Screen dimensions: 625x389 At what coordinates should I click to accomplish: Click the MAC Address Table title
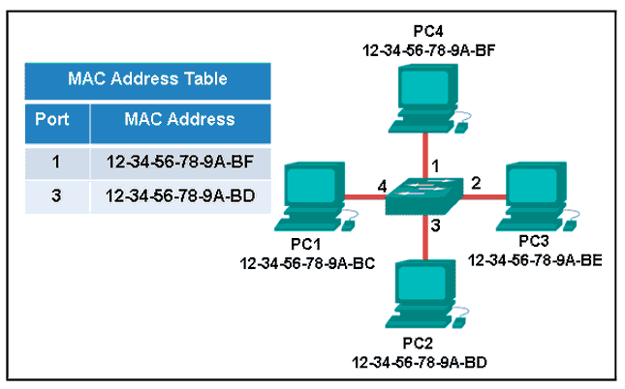click(147, 78)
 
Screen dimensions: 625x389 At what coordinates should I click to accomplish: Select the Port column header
click(52, 119)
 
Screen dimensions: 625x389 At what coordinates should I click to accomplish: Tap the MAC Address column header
click(180, 119)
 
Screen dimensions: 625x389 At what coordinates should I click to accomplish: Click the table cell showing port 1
click(56, 162)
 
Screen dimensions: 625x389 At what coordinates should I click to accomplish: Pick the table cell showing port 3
click(56, 195)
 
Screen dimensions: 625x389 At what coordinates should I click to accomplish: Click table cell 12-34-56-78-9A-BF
click(180, 162)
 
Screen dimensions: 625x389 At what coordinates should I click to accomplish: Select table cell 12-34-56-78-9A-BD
click(180, 195)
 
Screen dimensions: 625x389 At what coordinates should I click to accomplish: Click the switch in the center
click(424, 196)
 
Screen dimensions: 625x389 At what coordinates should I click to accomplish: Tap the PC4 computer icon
click(429, 99)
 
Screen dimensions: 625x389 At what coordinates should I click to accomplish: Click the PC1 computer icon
click(315, 196)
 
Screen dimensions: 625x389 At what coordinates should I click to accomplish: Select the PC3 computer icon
click(537, 196)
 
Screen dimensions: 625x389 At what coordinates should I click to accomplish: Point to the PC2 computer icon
click(426, 294)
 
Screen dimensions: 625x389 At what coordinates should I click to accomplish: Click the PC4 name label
click(428, 31)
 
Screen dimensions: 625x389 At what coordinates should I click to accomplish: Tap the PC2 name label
click(418, 344)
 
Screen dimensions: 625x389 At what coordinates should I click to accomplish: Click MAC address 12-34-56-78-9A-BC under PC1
click(307, 263)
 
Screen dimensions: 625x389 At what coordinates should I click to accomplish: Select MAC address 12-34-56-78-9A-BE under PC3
click(535, 260)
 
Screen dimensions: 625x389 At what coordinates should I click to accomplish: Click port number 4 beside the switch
click(382, 187)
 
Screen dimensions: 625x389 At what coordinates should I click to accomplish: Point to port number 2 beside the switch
click(476, 183)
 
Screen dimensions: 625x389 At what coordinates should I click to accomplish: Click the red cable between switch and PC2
click(425, 238)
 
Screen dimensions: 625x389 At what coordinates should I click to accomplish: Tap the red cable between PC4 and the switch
click(425, 156)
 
